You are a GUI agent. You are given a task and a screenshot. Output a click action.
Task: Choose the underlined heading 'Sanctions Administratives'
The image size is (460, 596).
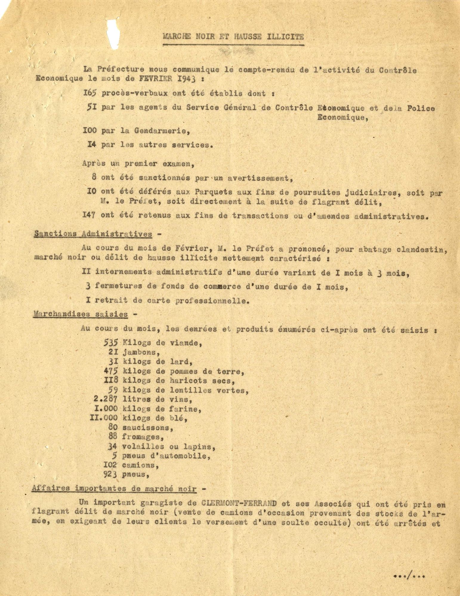pos(93,234)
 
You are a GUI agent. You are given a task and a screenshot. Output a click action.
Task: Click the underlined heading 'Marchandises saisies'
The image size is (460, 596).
pos(81,314)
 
